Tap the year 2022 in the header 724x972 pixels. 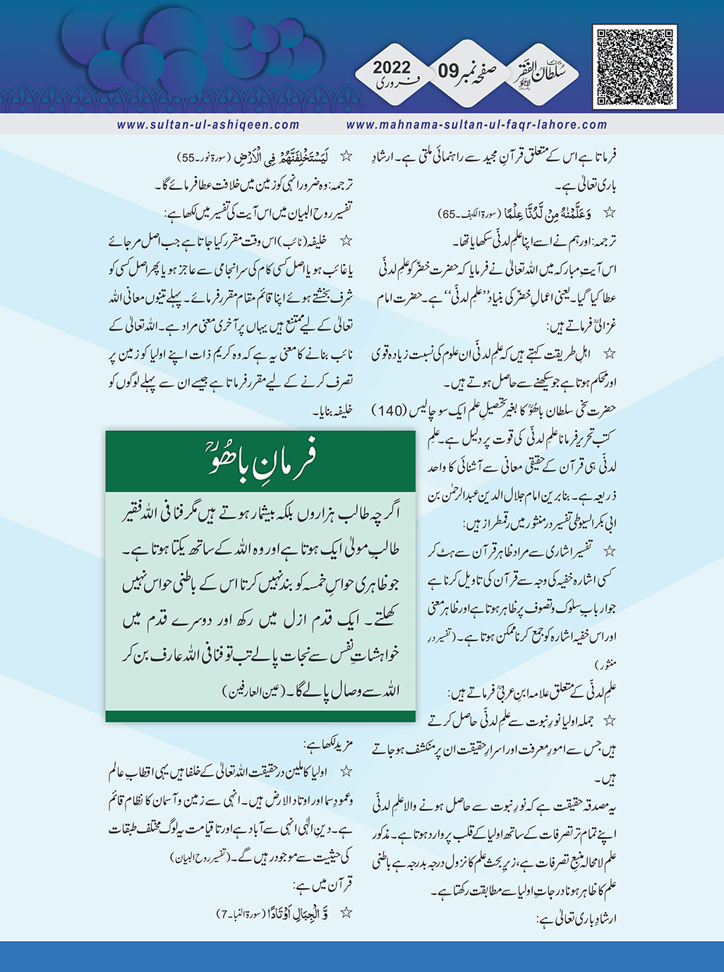392,68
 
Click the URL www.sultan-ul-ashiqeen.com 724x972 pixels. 208,125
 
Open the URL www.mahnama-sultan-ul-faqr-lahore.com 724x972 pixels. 476,125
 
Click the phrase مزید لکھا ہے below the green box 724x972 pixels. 326,745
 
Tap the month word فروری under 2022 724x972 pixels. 392,84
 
